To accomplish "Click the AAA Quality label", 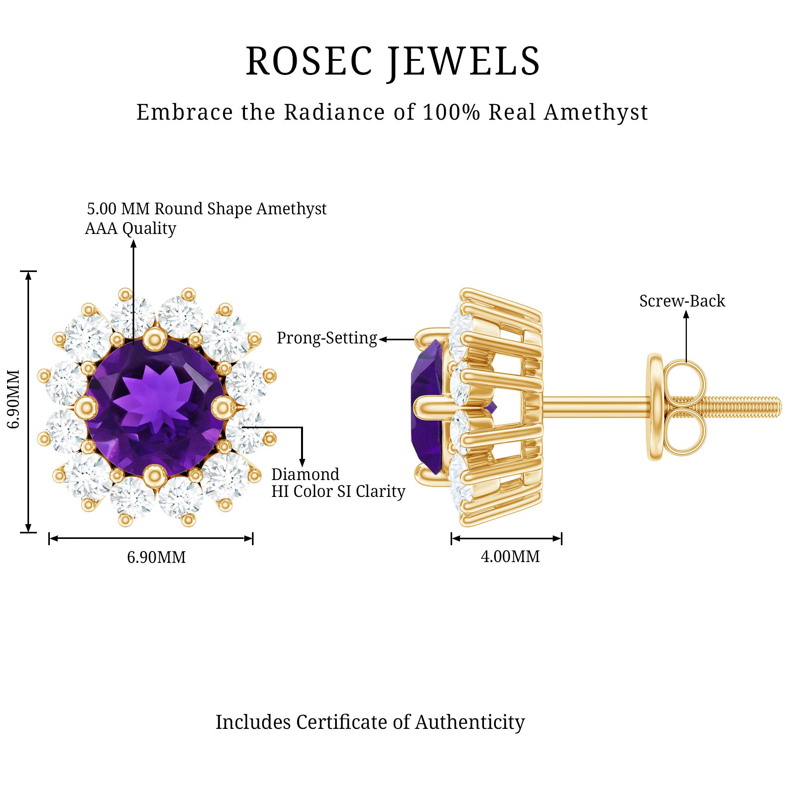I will point(130,229).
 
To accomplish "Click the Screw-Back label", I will point(682,301).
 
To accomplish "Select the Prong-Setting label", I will point(327,338).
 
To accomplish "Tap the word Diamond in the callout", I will point(305,475).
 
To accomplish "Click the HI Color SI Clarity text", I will point(338,492).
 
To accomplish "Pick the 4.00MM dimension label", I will point(510,557).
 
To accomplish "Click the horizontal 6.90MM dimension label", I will point(156,557).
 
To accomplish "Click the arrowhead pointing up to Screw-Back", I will point(686,314).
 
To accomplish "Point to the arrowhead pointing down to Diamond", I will point(302,462).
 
